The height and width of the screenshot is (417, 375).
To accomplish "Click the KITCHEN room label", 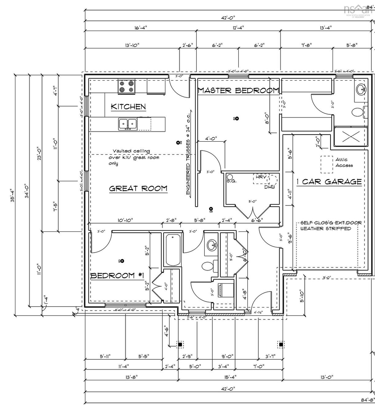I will pos(128,107).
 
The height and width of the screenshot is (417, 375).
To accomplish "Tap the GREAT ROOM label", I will pos(138,188).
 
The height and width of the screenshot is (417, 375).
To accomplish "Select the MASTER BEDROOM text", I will pos(238,90).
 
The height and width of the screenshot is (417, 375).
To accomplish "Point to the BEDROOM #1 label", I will pos(117,275).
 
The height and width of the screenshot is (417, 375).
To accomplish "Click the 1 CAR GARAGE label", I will pos(329,182).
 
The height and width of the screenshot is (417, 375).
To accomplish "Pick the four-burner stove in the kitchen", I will pos(127,86).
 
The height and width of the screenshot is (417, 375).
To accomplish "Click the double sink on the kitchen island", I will pos(128,124).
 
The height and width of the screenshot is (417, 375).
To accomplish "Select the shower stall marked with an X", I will pos(350,135).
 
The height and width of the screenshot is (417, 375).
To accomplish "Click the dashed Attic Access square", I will pos(327,165).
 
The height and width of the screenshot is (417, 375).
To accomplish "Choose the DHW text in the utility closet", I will pos(270,187).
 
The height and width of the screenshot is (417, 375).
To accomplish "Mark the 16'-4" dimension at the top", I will pos(141,28).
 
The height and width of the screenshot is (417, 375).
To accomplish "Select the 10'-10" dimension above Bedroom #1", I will pos(125,220).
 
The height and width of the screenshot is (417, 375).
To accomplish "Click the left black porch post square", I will pos(180,345).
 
